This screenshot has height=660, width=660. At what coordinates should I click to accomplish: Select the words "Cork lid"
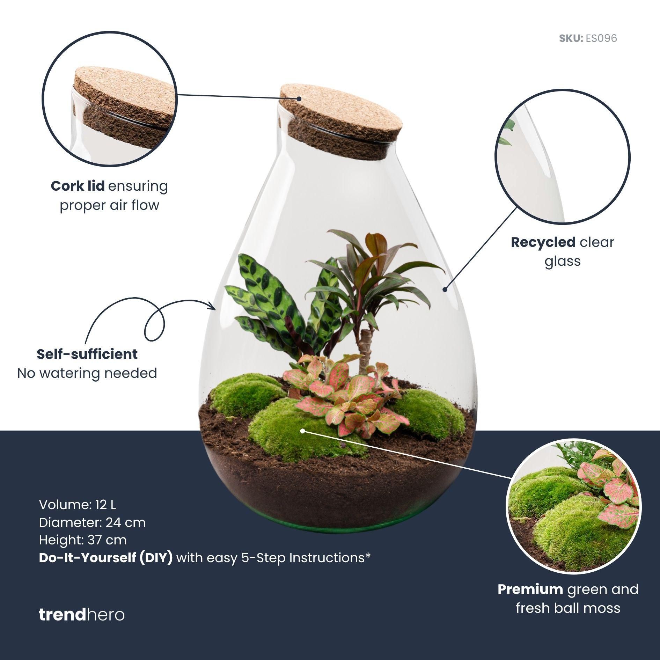coord(78,186)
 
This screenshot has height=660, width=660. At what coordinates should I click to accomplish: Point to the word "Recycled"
coord(543,242)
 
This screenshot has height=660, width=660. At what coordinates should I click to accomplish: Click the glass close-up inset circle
coord(562,157)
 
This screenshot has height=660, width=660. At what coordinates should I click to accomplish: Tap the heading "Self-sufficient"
coord(87,354)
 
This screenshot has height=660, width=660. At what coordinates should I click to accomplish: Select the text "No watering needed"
coord(87,373)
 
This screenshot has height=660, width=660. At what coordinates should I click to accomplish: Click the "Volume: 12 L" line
coord(78,505)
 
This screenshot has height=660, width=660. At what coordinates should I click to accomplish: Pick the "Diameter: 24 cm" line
coord(92,522)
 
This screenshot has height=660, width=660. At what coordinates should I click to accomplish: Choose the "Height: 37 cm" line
coord(83,540)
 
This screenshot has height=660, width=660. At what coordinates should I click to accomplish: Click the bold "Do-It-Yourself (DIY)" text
coord(106,558)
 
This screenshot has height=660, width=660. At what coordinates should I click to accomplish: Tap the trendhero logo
coord(81,615)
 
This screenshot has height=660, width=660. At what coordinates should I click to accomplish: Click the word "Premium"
coord(530,589)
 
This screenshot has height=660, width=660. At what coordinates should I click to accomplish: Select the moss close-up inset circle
coord(573,507)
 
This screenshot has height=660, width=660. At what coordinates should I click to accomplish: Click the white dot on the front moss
coord(303,431)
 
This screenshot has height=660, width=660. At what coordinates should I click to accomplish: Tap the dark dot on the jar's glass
coord(445,289)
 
